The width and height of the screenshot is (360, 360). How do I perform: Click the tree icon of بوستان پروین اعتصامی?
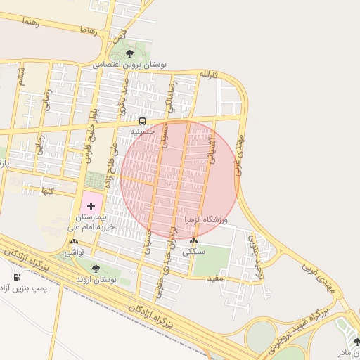(129, 53)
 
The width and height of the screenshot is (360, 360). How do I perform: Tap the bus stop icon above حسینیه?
(143, 120)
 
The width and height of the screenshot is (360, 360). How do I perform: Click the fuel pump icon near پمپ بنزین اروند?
(17, 276)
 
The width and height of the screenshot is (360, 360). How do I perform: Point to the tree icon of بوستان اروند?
(96, 268)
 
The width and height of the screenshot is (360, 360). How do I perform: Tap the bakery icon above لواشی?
(75, 241)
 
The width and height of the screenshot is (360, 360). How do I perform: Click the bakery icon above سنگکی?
(193, 240)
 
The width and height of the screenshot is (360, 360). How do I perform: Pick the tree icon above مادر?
(356, 342)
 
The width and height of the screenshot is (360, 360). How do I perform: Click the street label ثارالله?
(209, 75)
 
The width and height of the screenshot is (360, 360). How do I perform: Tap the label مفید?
(214, 279)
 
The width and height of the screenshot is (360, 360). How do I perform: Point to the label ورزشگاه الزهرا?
(207, 219)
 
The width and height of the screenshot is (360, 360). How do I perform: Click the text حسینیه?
(143, 131)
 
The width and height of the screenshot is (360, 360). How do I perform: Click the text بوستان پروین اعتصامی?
(132, 65)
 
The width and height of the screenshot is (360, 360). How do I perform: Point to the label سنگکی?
(193, 251)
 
